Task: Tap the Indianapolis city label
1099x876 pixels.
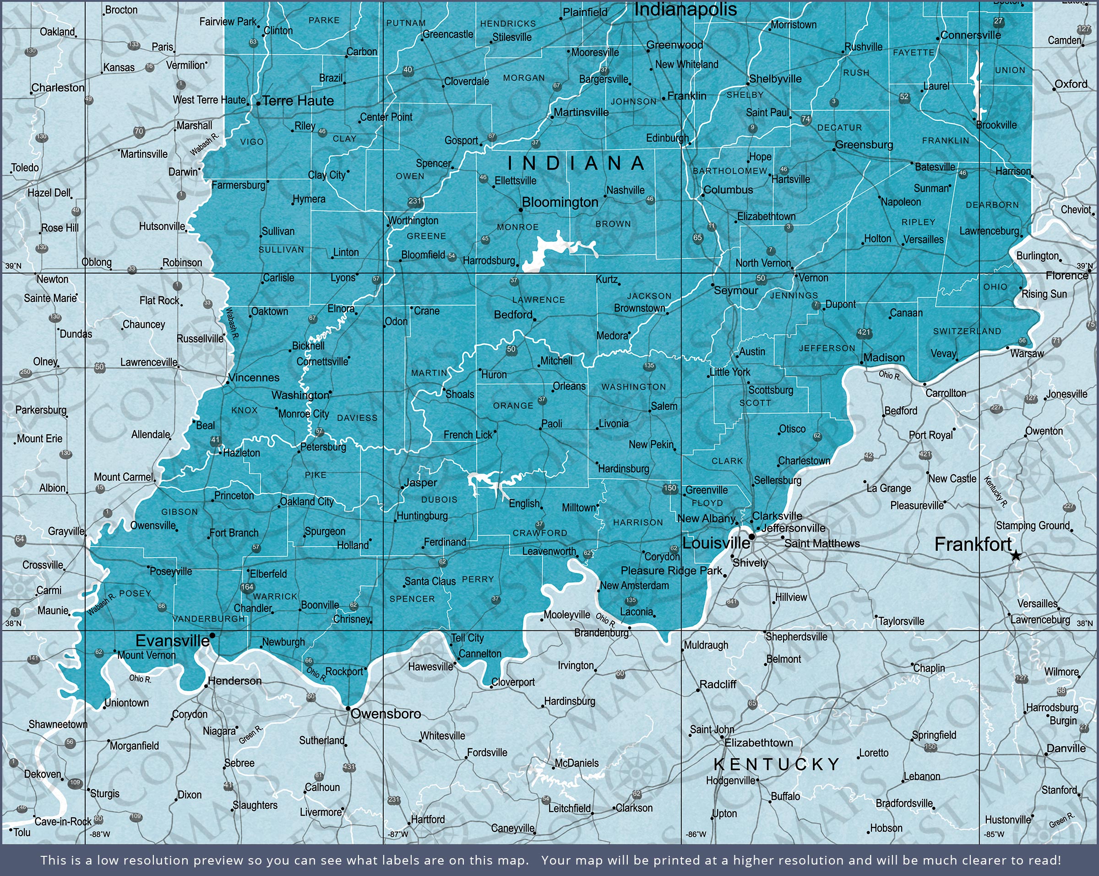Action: click(685, 9)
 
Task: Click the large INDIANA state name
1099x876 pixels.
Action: click(577, 163)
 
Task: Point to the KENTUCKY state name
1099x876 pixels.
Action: click(777, 764)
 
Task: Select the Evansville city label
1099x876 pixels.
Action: click(172, 641)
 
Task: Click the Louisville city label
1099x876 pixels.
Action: click(716, 543)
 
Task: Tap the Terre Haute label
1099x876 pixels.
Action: click(298, 101)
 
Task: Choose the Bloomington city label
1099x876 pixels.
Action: click(560, 202)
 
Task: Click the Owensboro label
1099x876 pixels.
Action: click(386, 714)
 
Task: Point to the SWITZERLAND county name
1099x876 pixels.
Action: click(967, 331)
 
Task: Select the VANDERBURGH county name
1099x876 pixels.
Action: click(209, 618)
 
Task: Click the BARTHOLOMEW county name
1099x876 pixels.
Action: click(729, 171)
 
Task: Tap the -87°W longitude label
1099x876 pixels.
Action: click(397, 834)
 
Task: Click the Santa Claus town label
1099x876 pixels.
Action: click(430, 581)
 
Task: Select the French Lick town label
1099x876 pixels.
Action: click(468, 435)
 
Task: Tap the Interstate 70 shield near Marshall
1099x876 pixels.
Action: click(139, 131)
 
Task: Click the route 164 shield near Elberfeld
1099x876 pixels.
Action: click(247, 587)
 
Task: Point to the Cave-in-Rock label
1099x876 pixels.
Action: click(63, 822)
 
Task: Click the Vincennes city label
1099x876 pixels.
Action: click(254, 377)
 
